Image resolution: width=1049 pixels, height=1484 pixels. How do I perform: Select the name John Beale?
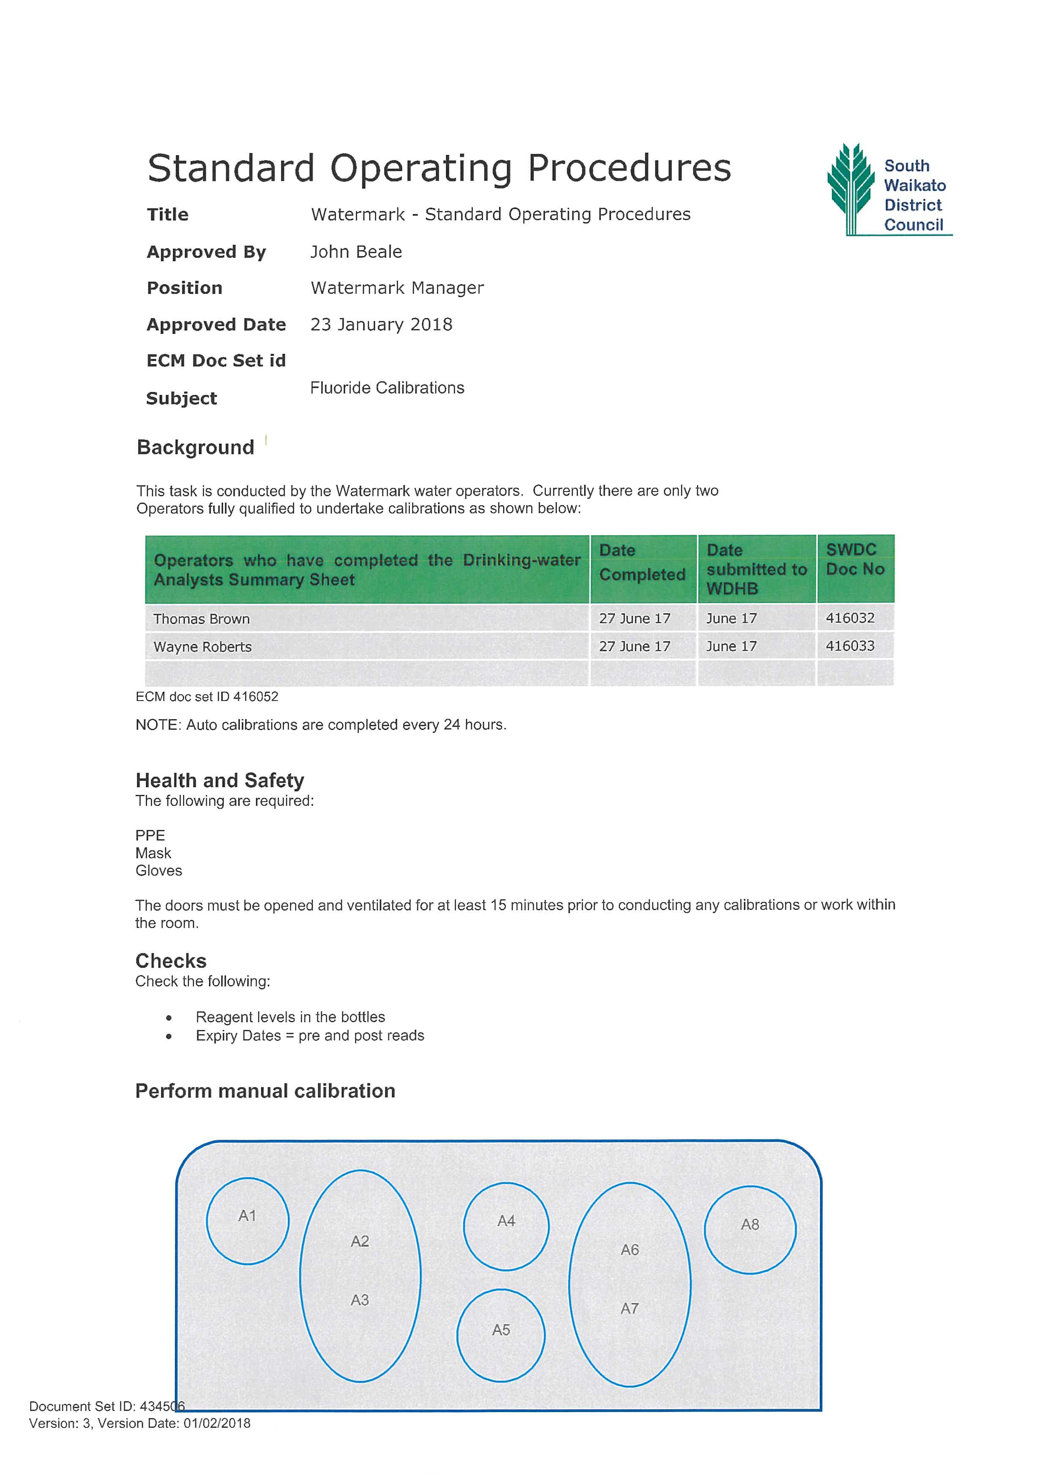click(x=356, y=252)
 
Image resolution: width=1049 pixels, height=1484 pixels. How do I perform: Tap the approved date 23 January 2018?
click(x=381, y=324)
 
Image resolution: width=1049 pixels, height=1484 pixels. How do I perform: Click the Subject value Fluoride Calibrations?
click(x=387, y=388)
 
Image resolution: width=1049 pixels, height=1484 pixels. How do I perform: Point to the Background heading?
click(x=195, y=447)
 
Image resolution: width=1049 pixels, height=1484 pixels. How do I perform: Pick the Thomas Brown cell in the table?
click(x=202, y=619)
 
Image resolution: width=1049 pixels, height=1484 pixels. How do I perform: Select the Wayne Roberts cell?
click(x=203, y=647)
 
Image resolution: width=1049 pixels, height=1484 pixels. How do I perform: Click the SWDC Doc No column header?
click(x=855, y=560)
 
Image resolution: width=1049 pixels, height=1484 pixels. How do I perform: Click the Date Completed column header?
click(x=642, y=562)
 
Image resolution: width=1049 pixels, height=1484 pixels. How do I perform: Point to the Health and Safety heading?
click(x=220, y=781)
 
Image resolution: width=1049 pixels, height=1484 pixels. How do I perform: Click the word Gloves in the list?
click(x=159, y=871)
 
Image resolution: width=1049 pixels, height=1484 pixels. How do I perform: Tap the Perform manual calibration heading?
click(x=265, y=1091)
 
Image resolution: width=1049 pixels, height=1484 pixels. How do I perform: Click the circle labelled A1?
click(x=247, y=1221)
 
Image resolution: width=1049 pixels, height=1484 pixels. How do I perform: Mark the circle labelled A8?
click(x=750, y=1229)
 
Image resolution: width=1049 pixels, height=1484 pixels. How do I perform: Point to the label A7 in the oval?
click(x=630, y=1309)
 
